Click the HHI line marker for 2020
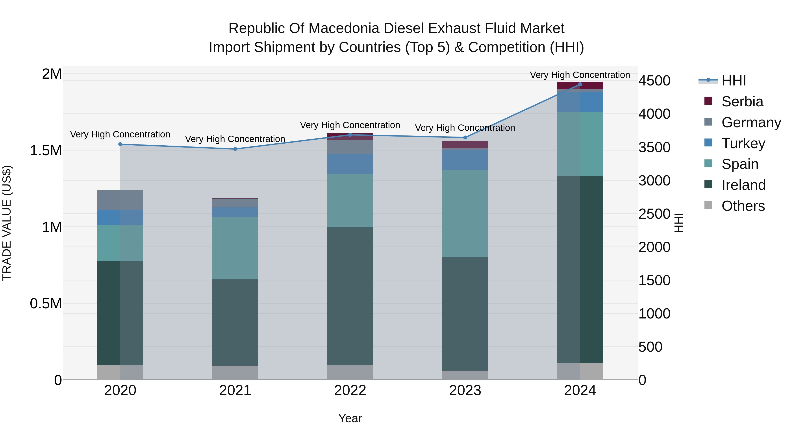tap(120, 144)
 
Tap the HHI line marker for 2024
tap(580, 84)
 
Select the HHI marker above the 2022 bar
tap(350, 135)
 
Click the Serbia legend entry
tap(742, 102)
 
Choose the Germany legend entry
tap(751, 122)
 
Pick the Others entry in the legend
tap(743, 206)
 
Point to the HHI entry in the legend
tap(733, 81)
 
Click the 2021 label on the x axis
tap(235, 390)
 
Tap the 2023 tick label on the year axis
tap(465, 390)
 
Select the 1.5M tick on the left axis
tap(46, 150)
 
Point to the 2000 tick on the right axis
tap(654, 247)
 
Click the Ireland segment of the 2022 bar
tap(350, 296)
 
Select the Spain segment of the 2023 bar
tap(465, 214)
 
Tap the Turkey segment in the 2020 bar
tap(120, 217)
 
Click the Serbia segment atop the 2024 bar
tap(580, 85)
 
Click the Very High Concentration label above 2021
tap(235, 139)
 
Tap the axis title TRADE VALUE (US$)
tap(7, 223)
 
